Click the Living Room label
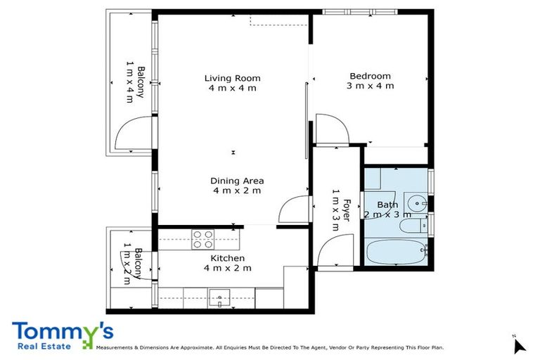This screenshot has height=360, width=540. coord(232,77)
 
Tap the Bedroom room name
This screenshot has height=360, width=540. coord(370,76)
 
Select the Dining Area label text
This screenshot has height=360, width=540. coord(237,181)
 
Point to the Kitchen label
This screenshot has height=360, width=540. coord(227,258)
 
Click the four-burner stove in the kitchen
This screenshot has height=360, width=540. coord(203,240)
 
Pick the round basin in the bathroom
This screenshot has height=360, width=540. coord(419,204)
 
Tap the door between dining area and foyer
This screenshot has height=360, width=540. coord(293,210)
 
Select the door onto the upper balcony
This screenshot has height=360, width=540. coord(134,135)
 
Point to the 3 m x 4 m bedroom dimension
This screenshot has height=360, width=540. coord(370,86)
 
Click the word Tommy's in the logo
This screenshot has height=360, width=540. coord(62,331)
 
